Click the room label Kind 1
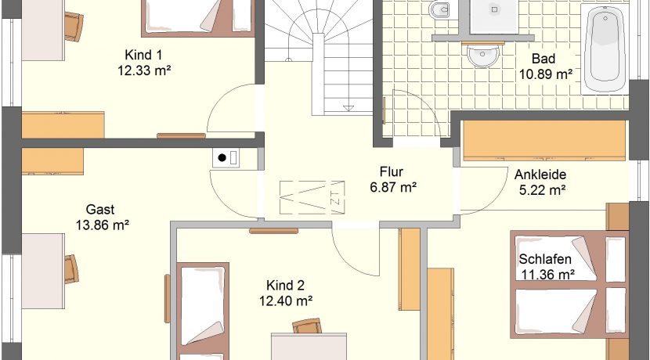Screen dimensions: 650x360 coord(143,55)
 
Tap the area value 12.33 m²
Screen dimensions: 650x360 coord(144,70)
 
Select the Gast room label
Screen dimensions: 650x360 coord(100,209)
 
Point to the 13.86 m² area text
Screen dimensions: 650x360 coord(103,225)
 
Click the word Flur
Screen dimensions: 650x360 coord(392,171)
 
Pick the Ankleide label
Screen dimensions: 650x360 coord(540,175)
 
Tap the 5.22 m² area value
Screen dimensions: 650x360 coord(543,190)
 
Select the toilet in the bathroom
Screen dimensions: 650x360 coord(439,9)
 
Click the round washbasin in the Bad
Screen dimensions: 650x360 coord(482,56)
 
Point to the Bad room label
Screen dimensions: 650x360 coord(543,59)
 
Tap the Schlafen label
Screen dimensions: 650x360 coord(545,259)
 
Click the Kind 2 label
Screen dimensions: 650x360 coord(285,286)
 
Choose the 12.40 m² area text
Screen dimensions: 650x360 coord(286,301)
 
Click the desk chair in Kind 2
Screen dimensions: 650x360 coord(307,326)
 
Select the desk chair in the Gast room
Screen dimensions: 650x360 coord(71,269)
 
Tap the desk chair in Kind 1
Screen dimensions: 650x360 coord(74,27)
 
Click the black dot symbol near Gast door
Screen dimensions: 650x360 coord(222,157)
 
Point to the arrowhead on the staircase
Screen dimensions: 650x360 coord(348,109)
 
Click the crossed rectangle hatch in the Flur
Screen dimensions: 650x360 coord(312,197)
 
